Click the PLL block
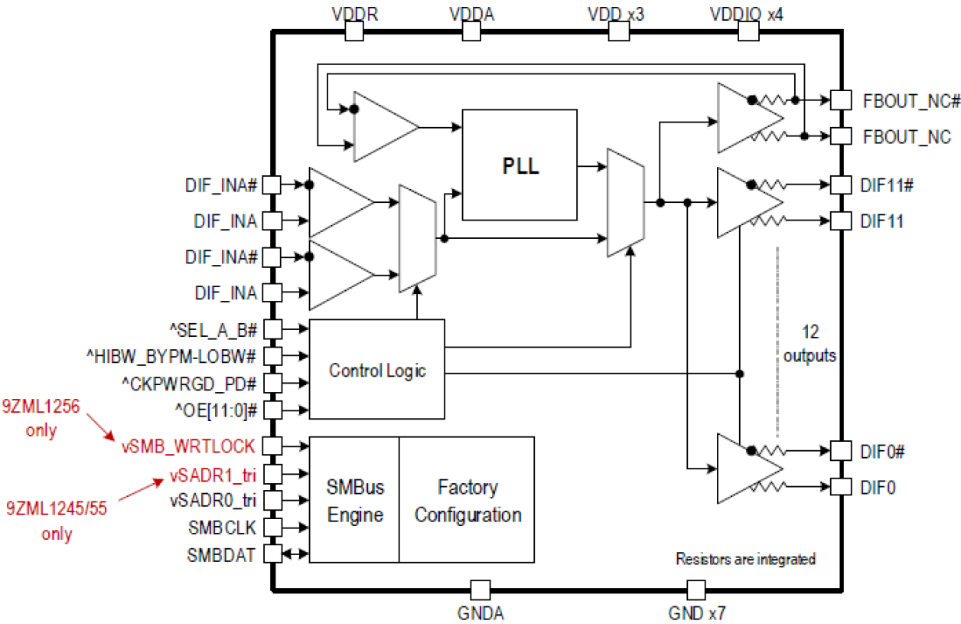519,165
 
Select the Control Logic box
376,370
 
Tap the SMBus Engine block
354,501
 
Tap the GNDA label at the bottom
480,613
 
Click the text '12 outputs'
810,345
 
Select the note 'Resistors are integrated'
745,559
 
